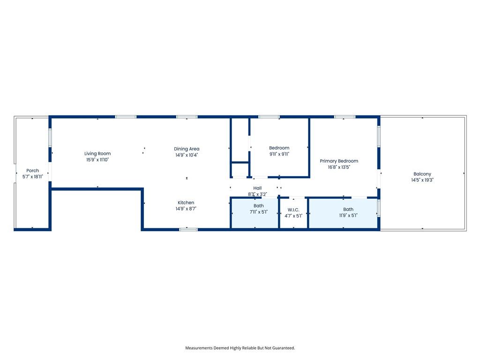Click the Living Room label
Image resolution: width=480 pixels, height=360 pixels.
(97, 154)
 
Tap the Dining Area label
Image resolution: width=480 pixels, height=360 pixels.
(187, 149)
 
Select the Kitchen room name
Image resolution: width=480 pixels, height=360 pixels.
(186, 202)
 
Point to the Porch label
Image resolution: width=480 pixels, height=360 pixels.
(33, 171)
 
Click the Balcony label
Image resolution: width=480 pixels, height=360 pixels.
(422, 174)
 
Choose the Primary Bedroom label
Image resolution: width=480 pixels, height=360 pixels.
(339, 161)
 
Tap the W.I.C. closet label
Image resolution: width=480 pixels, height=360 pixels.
(293, 210)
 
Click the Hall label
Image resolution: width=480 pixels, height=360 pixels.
(257, 188)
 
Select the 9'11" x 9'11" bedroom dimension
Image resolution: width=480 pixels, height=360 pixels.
(279, 154)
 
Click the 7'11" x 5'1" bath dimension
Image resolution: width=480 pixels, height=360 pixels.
(259, 212)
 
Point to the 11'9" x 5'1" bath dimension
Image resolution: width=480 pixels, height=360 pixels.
(348, 215)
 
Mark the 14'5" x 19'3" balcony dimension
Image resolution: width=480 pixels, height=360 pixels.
(422, 180)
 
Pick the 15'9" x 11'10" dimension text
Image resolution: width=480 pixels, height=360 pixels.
(97, 160)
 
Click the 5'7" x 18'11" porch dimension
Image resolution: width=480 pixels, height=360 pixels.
(33, 177)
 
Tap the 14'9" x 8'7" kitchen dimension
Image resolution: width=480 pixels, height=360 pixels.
(186, 209)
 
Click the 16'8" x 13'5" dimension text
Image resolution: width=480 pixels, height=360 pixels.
(339, 167)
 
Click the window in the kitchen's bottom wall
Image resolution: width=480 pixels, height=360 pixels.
(188, 229)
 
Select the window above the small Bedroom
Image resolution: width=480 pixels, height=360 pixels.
(269, 117)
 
